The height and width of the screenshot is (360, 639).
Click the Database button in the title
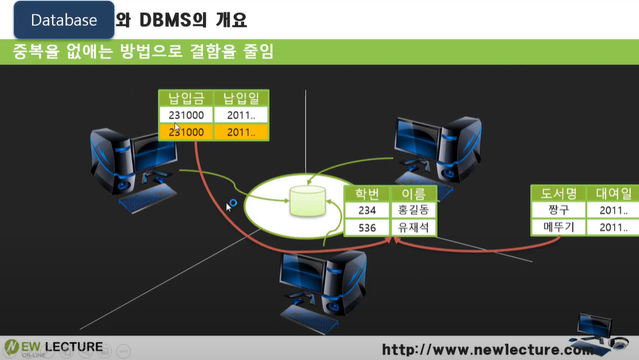64,21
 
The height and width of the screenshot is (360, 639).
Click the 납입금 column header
186,99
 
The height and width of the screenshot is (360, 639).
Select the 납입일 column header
241,99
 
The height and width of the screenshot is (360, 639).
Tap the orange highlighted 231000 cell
186,132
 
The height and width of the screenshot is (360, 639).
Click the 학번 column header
367,194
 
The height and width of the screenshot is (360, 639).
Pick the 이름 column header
413,194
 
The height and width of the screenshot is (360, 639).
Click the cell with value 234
367,211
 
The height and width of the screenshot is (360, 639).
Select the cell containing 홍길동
413,211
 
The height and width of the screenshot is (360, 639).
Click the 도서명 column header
558,194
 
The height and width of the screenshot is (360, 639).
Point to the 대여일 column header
613,194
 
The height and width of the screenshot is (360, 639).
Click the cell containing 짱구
558,210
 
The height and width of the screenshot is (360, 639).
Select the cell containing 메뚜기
558,227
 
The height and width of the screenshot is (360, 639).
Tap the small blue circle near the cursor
233,203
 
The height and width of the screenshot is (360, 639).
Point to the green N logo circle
12,348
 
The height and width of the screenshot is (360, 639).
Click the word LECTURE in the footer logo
73,347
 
